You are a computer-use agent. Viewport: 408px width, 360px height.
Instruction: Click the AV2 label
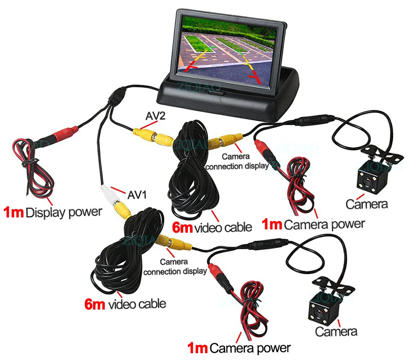[x=156, y=116]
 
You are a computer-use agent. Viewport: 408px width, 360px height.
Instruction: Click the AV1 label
[x=137, y=195]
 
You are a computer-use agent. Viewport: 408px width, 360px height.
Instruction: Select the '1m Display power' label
[x=53, y=212]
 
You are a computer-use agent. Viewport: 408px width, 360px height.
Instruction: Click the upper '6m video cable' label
[x=212, y=228]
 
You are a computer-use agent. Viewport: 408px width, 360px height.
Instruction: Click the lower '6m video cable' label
[x=125, y=304]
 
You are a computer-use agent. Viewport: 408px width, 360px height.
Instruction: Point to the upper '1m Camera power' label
[x=313, y=224]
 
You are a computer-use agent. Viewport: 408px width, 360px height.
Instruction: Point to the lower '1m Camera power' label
[x=239, y=348]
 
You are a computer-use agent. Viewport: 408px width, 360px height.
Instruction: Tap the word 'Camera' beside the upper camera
[x=367, y=204]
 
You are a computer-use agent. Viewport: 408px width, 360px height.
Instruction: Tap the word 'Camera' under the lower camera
[x=336, y=332]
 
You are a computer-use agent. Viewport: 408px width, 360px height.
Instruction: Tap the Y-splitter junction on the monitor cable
[x=118, y=97]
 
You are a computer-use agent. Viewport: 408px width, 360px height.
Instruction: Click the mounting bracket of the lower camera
[x=333, y=286]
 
